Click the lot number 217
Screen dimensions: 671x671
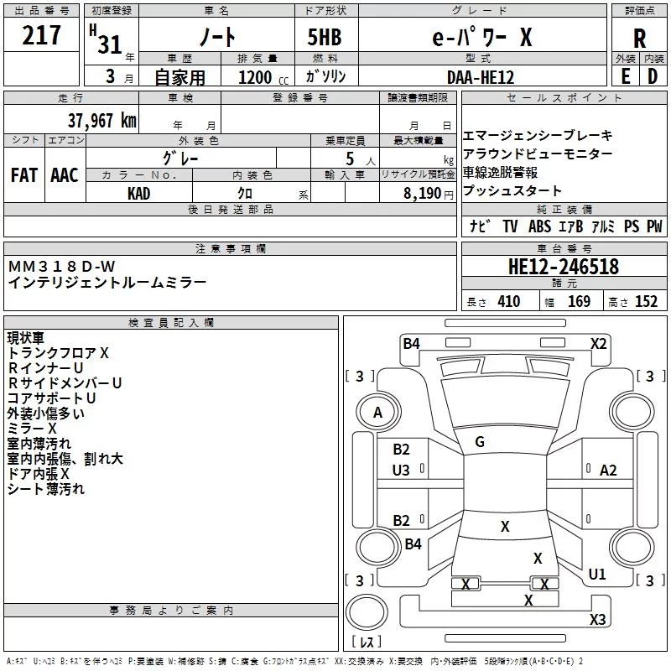click(x=43, y=36)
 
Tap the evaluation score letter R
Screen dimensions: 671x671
click(x=639, y=38)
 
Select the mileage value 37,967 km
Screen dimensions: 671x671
click(x=101, y=120)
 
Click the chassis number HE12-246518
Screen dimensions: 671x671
click(x=564, y=267)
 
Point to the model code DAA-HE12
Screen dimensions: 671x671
click(x=481, y=77)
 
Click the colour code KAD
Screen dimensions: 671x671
click(x=139, y=193)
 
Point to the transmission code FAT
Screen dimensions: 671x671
click(x=23, y=175)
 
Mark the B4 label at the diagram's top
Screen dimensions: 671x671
click(x=411, y=342)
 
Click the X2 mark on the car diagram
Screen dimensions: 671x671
click(x=599, y=343)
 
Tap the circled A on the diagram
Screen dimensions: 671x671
click(x=377, y=413)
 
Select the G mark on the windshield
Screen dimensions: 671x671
click(x=480, y=442)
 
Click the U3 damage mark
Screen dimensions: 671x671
click(x=401, y=471)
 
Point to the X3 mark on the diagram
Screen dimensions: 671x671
click(x=597, y=620)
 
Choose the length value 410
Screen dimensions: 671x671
click(x=508, y=302)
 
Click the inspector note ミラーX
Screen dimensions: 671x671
click(x=29, y=428)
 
